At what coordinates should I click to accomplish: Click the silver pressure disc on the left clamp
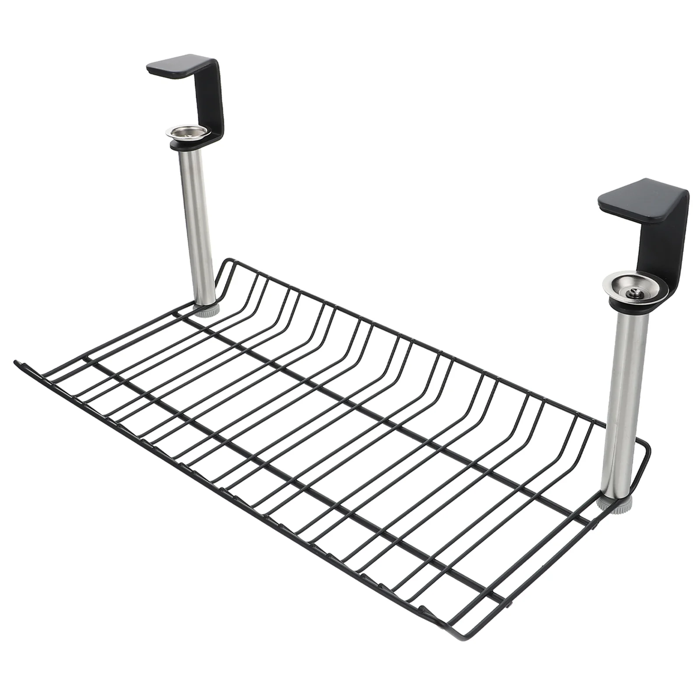(x=186, y=132)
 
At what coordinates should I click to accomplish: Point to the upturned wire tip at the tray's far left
(x=17, y=362)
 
